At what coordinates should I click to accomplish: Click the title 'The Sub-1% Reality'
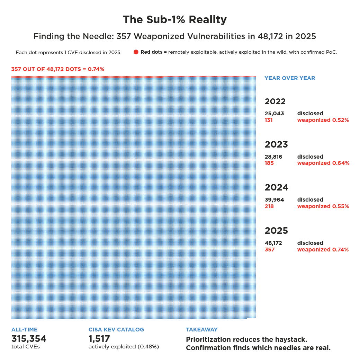[x=175, y=20]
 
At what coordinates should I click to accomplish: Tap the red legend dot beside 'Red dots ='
[x=136, y=52]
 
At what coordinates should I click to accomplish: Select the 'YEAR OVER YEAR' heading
[x=290, y=78]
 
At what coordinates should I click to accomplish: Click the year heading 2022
[x=275, y=101]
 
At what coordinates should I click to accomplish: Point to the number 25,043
[x=274, y=114]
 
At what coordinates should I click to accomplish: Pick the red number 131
[x=269, y=120]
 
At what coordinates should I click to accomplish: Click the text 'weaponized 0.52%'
[x=323, y=120]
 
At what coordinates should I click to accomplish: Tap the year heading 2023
[x=276, y=144]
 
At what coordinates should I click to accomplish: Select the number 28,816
[x=273, y=157]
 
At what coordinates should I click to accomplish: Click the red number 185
[x=269, y=163]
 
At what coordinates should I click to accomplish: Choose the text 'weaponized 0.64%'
[x=323, y=163]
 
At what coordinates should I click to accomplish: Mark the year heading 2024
[x=277, y=187]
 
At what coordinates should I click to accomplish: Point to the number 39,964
[x=274, y=200]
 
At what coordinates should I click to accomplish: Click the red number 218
[x=269, y=206]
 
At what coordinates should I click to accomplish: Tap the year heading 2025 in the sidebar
[x=276, y=231]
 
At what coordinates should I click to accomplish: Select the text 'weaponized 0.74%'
[x=323, y=250]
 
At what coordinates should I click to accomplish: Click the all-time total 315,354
[x=29, y=339]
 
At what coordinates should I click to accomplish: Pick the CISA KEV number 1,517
[x=99, y=339]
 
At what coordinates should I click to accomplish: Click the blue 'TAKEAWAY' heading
[x=202, y=330]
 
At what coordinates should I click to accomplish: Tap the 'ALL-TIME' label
[x=25, y=330]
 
